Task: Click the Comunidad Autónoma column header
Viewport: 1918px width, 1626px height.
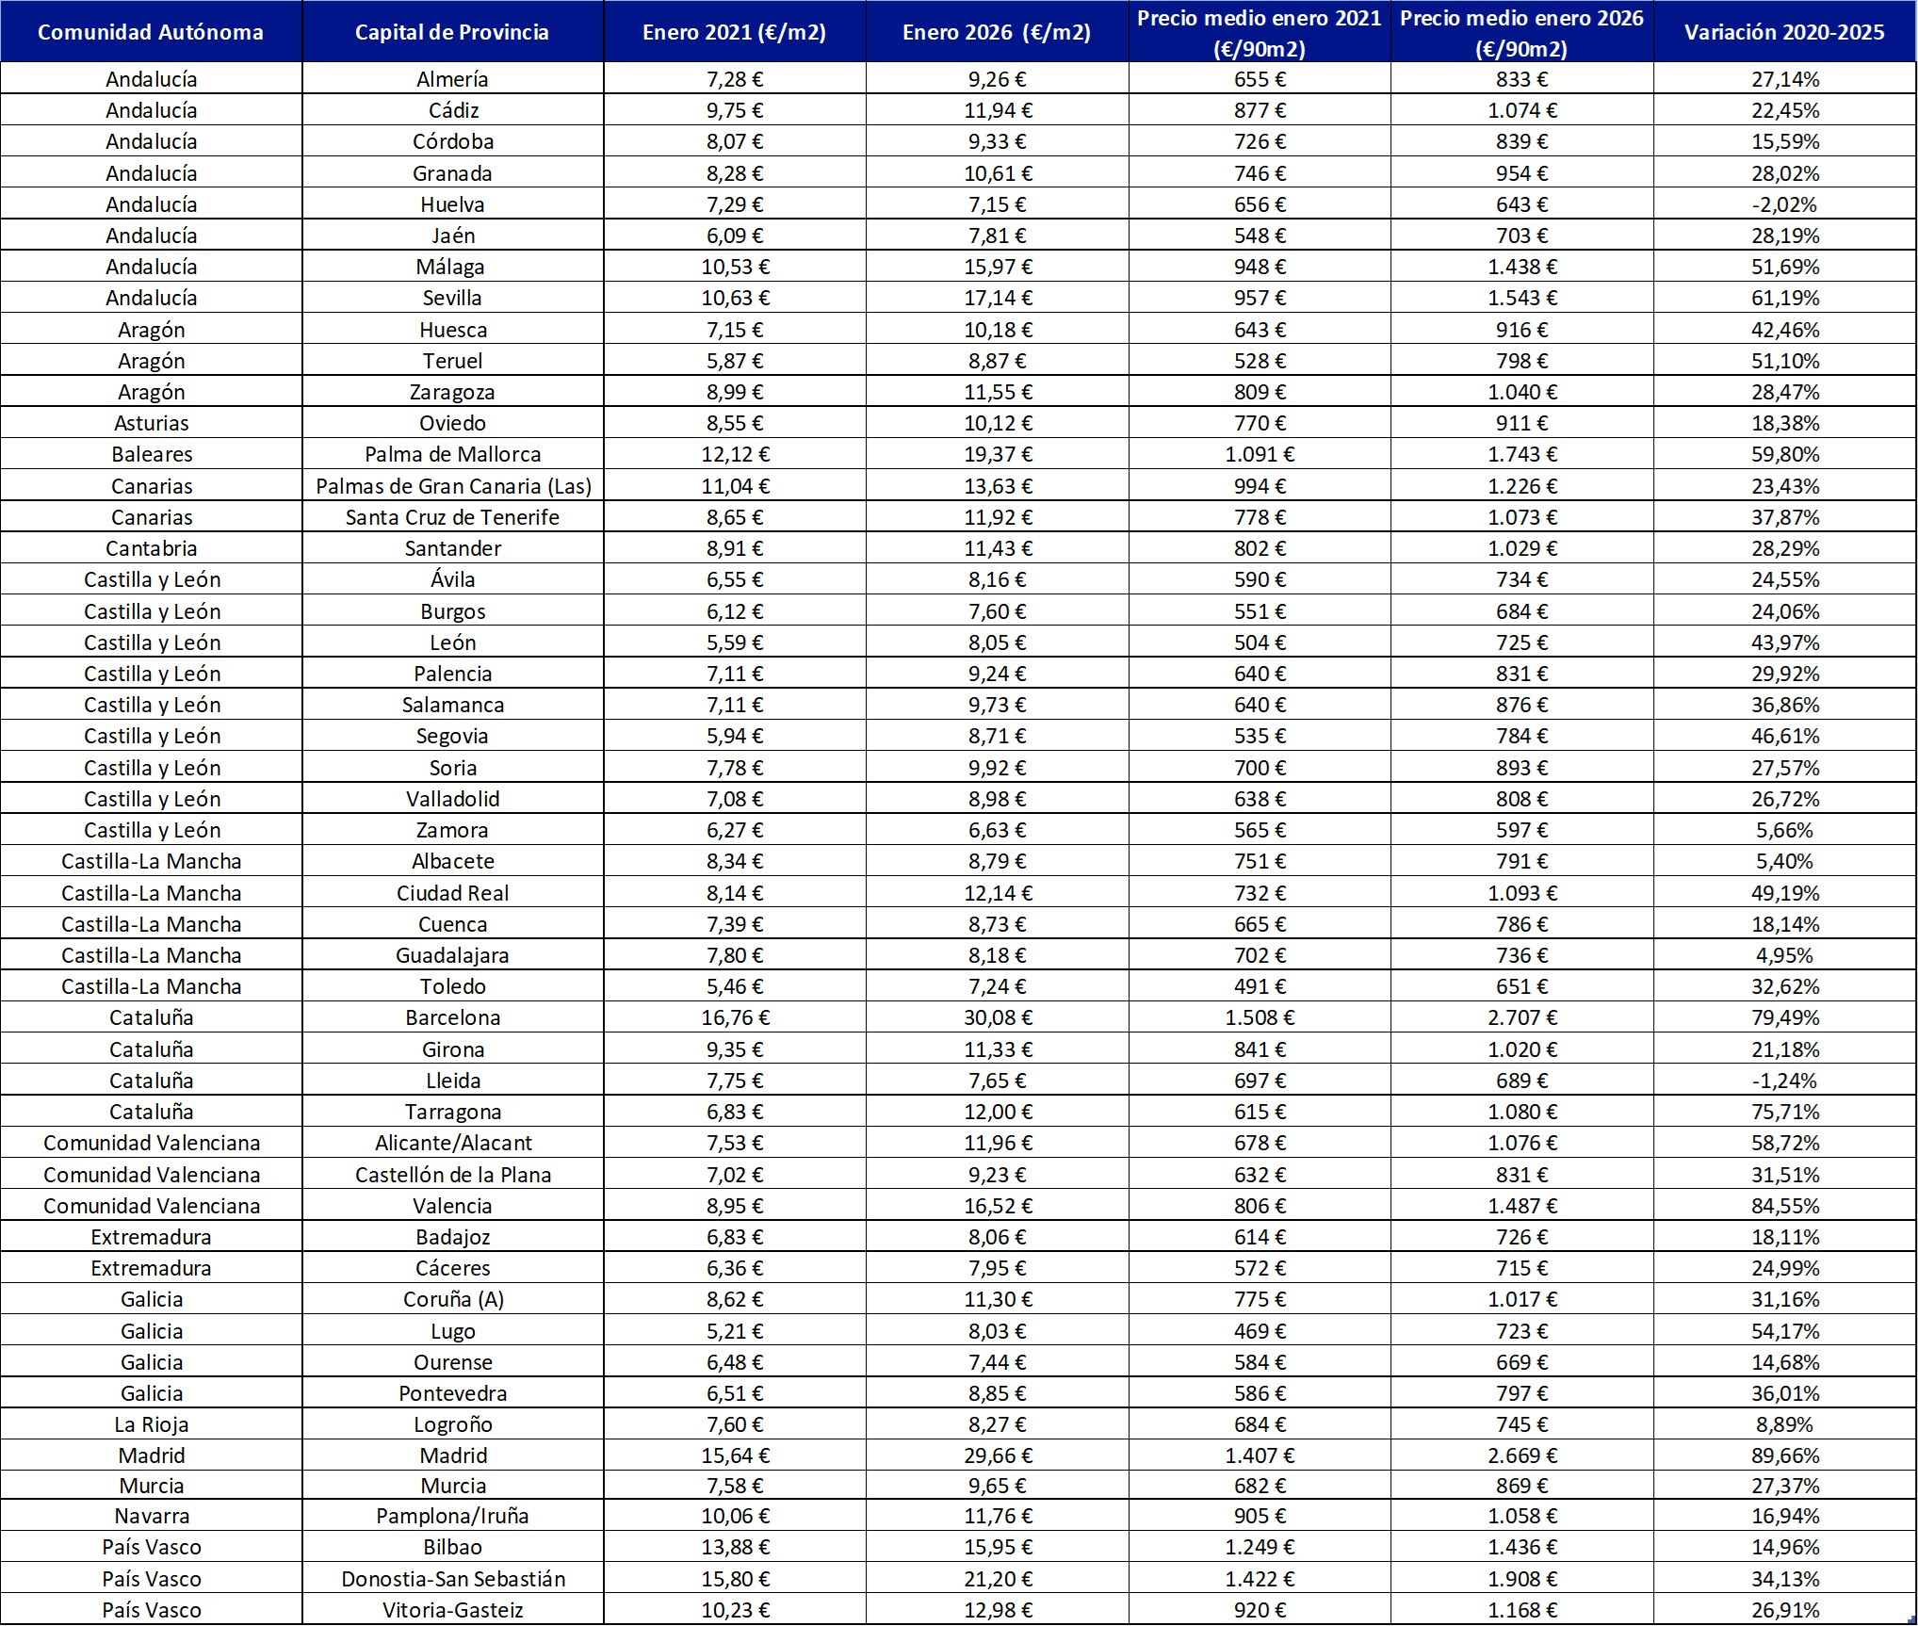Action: coord(151,32)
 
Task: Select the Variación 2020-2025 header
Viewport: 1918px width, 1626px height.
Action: coord(1784,32)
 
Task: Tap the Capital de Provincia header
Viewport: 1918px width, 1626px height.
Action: coord(452,32)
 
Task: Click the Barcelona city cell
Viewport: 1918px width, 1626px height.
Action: coord(452,1017)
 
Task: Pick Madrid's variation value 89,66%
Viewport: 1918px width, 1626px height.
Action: coord(1784,1455)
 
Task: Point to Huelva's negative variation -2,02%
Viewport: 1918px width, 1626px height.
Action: coord(1784,204)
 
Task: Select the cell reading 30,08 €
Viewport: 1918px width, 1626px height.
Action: coord(998,1017)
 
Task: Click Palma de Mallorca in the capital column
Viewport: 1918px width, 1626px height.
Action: coord(452,454)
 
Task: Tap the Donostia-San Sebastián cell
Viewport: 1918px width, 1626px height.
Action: coord(452,1579)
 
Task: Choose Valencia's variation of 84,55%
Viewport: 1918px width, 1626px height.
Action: coord(1784,1206)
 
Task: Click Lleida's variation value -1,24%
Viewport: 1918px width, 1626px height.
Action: coord(1784,1081)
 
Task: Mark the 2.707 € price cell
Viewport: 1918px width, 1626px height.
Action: coord(1521,1017)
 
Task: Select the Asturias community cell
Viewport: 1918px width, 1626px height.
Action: coord(151,423)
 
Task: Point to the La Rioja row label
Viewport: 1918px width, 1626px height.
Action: coord(151,1424)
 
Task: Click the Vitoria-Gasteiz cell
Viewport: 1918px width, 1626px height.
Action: coord(452,1610)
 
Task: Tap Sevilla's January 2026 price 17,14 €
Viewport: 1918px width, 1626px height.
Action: coord(998,298)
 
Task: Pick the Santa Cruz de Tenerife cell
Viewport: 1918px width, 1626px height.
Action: coord(452,517)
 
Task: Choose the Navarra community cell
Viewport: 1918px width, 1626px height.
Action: coord(151,1516)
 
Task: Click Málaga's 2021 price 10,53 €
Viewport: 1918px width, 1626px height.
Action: coord(735,267)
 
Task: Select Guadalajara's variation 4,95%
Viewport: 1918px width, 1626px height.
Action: coord(1784,955)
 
